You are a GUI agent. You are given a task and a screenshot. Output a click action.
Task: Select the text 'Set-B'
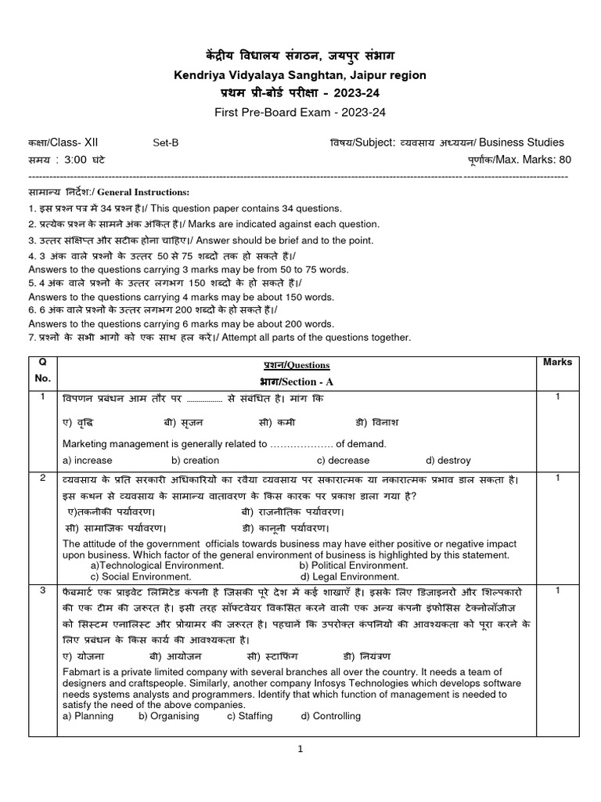coord(165,143)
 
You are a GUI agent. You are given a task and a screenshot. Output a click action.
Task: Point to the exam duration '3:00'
coord(80,160)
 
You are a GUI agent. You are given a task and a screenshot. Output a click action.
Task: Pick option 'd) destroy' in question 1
coord(448,461)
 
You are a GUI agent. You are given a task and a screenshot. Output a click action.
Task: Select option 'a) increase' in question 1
coord(87,461)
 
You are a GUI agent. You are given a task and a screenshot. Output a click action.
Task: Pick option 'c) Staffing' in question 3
coord(250,716)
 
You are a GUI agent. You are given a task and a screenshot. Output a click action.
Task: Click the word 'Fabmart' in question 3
coord(81,673)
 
